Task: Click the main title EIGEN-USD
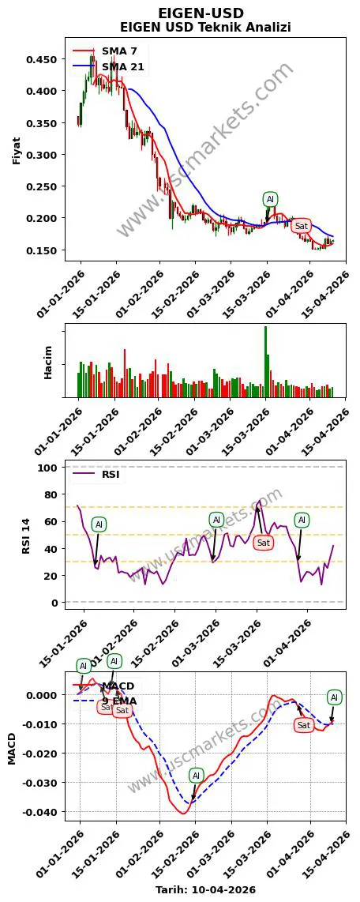[201, 13]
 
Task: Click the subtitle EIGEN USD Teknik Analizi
[205, 28]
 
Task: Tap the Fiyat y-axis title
[17, 150]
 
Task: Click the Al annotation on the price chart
[270, 199]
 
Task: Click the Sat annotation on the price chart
[301, 226]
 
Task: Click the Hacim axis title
[48, 362]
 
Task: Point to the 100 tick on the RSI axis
[49, 468]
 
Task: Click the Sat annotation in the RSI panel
[264, 542]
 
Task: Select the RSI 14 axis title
[26, 535]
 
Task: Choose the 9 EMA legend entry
[118, 701]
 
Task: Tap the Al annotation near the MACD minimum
[196, 776]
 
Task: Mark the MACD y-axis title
[11, 747]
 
